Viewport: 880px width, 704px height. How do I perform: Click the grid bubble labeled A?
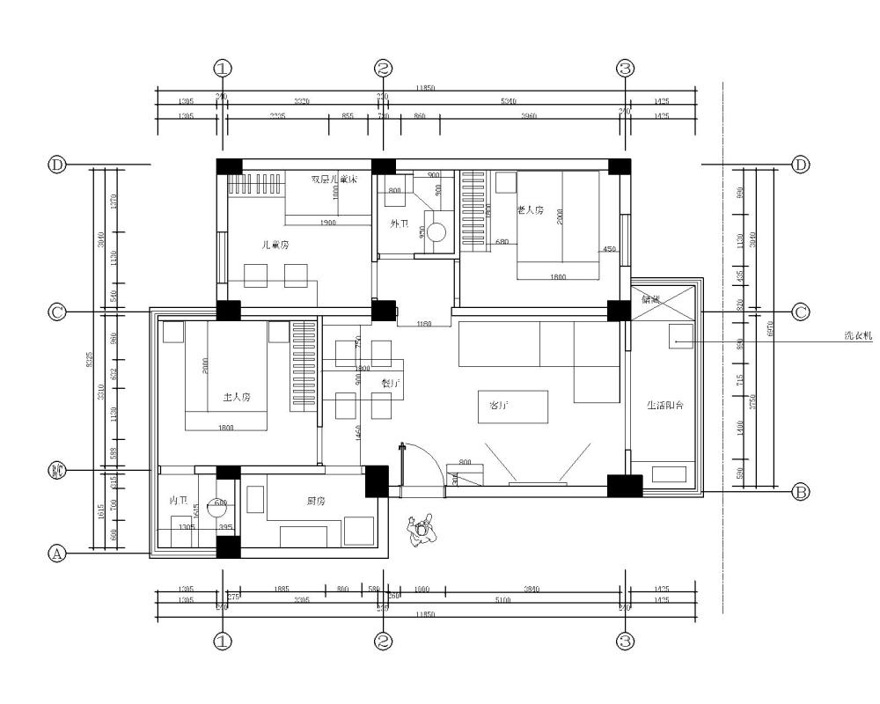pyautogui.click(x=56, y=554)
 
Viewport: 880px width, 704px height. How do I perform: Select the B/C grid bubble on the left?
pyautogui.click(x=56, y=472)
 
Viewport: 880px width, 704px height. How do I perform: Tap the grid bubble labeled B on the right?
pyautogui.click(x=801, y=493)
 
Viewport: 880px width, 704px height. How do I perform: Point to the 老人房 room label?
pyautogui.click(x=531, y=210)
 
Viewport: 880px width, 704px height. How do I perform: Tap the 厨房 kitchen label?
pyautogui.click(x=318, y=501)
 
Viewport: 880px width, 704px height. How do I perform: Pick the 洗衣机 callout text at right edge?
pyautogui.click(x=857, y=336)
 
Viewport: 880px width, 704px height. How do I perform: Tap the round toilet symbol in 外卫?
pyautogui.click(x=436, y=231)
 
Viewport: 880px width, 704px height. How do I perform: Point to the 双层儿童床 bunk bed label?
pyautogui.click(x=335, y=180)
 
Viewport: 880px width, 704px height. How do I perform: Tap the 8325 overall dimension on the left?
pyautogui.click(x=99, y=361)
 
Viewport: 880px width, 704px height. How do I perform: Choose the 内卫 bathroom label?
pyautogui.click(x=179, y=500)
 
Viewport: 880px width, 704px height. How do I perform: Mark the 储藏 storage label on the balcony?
pyautogui.click(x=651, y=300)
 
